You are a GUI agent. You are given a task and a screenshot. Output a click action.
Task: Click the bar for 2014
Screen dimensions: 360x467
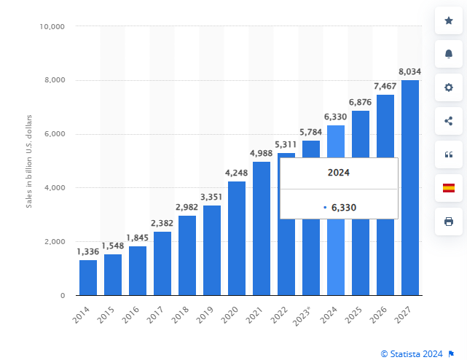click(88, 278)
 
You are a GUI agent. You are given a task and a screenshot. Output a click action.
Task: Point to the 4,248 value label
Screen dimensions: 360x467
click(237, 173)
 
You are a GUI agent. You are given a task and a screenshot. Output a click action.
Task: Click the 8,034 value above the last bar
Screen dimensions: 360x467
click(410, 71)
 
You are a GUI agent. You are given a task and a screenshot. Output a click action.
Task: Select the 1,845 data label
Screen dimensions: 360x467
click(138, 238)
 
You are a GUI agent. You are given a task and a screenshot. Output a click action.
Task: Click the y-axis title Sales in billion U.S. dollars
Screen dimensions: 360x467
click(29, 161)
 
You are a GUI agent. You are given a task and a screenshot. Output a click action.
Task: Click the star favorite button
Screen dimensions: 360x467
click(449, 21)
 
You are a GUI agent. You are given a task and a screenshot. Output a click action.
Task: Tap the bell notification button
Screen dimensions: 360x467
click(449, 55)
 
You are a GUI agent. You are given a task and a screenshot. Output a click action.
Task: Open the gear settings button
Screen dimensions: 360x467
click(449, 87)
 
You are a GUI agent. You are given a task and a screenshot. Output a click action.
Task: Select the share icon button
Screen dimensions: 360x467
click(449, 121)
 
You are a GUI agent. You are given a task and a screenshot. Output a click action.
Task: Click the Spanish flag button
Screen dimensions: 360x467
click(449, 187)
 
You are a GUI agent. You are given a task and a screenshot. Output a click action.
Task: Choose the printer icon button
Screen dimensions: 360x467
click(449, 221)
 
